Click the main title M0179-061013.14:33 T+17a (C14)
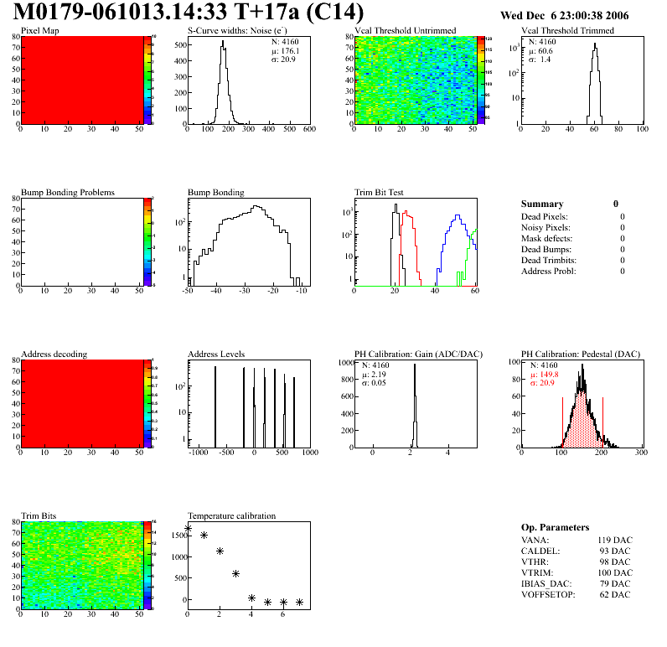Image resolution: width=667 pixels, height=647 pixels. point(189,13)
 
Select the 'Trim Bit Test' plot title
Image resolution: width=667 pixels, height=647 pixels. point(380,193)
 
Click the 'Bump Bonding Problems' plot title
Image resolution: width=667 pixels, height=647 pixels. point(68,193)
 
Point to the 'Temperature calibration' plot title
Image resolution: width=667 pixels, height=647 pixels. point(231,515)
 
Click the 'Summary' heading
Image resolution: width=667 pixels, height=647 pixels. point(542,204)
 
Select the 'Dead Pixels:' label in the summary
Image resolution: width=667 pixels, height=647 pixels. point(545,216)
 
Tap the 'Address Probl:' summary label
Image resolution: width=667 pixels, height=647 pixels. point(549,271)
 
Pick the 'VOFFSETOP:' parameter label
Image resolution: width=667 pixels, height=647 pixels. point(548,595)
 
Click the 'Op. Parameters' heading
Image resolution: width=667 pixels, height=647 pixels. point(555,527)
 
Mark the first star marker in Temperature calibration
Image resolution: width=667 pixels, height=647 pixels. point(188,528)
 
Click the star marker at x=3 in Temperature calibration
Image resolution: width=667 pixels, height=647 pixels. point(235,573)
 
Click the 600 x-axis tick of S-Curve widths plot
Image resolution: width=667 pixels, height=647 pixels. point(308,130)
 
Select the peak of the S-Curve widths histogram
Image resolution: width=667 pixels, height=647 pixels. point(223,42)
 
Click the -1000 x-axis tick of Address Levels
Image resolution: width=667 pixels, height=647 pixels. point(198,453)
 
